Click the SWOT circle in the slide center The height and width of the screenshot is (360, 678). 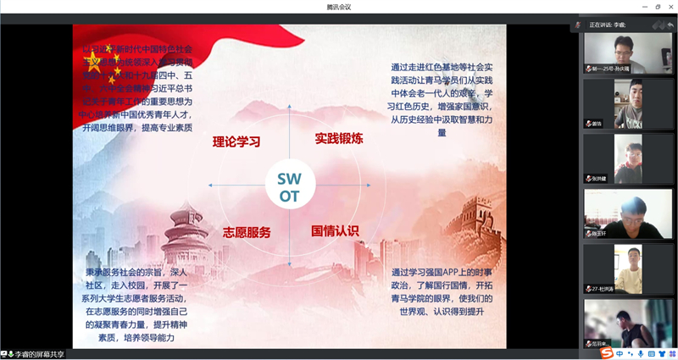tap(289, 186)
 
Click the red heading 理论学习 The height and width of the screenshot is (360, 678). tap(236, 141)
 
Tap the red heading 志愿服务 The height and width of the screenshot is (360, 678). tap(247, 232)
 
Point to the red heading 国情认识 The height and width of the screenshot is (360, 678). tap(335, 230)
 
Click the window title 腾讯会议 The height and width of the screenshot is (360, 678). tap(339, 7)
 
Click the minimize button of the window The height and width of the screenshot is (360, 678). tap(643, 7)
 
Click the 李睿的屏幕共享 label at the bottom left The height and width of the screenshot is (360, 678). tap(36, 354)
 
